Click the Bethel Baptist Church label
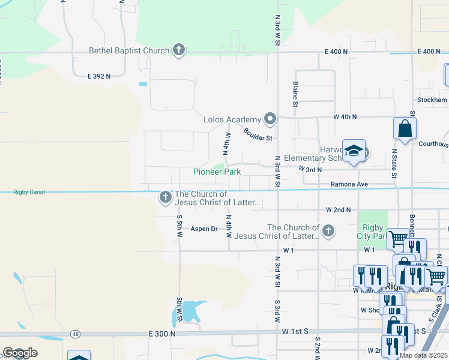129,50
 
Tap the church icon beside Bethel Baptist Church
179,50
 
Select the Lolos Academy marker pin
270,119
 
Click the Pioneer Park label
217,172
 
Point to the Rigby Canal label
29,192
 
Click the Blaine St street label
295,95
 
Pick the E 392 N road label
99,76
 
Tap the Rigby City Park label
373,231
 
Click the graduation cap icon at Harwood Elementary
354,151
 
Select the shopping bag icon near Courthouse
405,128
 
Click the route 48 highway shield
75,334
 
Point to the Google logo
20,353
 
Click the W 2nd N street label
338,210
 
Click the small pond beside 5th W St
190,311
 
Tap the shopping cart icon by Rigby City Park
397,239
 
